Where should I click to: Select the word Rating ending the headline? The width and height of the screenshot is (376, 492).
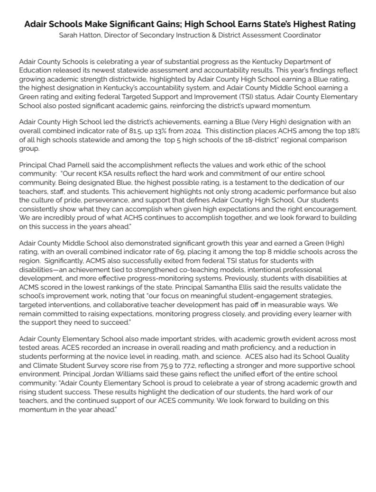(x=341, y=24)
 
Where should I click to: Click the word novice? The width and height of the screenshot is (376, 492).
(x=111, y=356)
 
